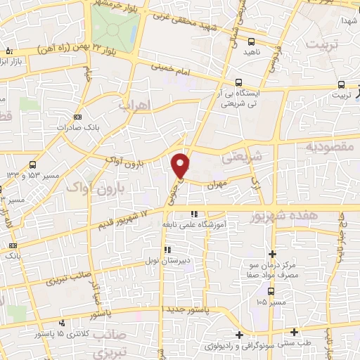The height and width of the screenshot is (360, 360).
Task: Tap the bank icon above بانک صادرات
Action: (x=77, y=117)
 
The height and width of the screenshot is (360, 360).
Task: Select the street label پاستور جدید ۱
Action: (x=187, y=309)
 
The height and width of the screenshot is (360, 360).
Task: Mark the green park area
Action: (x=115, y=25)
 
